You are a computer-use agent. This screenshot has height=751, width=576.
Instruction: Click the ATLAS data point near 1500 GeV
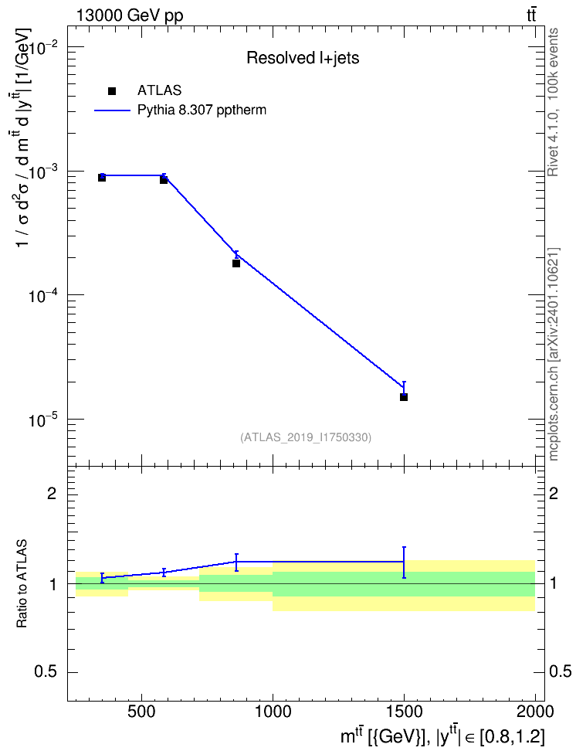tap(404, 397)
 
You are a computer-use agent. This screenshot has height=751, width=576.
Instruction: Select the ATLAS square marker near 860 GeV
tap(236, 263)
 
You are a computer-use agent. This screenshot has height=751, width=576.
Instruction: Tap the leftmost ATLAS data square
tap(102, 178)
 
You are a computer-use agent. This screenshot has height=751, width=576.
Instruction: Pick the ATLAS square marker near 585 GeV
tap(164, 179)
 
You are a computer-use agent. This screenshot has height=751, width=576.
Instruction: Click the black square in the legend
tap(112, 91)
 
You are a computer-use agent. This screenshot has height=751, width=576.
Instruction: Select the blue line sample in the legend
tap(113, 110)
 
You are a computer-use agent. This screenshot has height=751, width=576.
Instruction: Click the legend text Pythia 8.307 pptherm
tap(202, 110)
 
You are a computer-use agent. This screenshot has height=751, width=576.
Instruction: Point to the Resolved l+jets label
tap(303, 58)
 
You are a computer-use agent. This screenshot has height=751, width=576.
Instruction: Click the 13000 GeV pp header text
tap(129, 15)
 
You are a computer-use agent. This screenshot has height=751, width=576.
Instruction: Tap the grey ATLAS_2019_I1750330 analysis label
tap(306, 437)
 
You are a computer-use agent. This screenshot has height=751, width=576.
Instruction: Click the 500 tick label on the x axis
tap(142, 712)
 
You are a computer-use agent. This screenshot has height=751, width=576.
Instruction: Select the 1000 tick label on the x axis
tap(273, 712)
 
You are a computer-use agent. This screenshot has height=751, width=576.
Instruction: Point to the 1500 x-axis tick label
tap(404, 712)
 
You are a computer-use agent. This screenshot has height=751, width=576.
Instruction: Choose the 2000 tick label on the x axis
tap(535, 712)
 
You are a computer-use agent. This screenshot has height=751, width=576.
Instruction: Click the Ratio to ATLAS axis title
tap(22, 583)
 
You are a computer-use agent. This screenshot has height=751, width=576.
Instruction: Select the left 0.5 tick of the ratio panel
tap(46, 672)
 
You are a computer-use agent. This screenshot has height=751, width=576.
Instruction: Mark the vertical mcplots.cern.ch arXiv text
tap(554, 354)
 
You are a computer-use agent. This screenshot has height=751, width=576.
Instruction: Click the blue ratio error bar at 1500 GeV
tap(404, 562)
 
